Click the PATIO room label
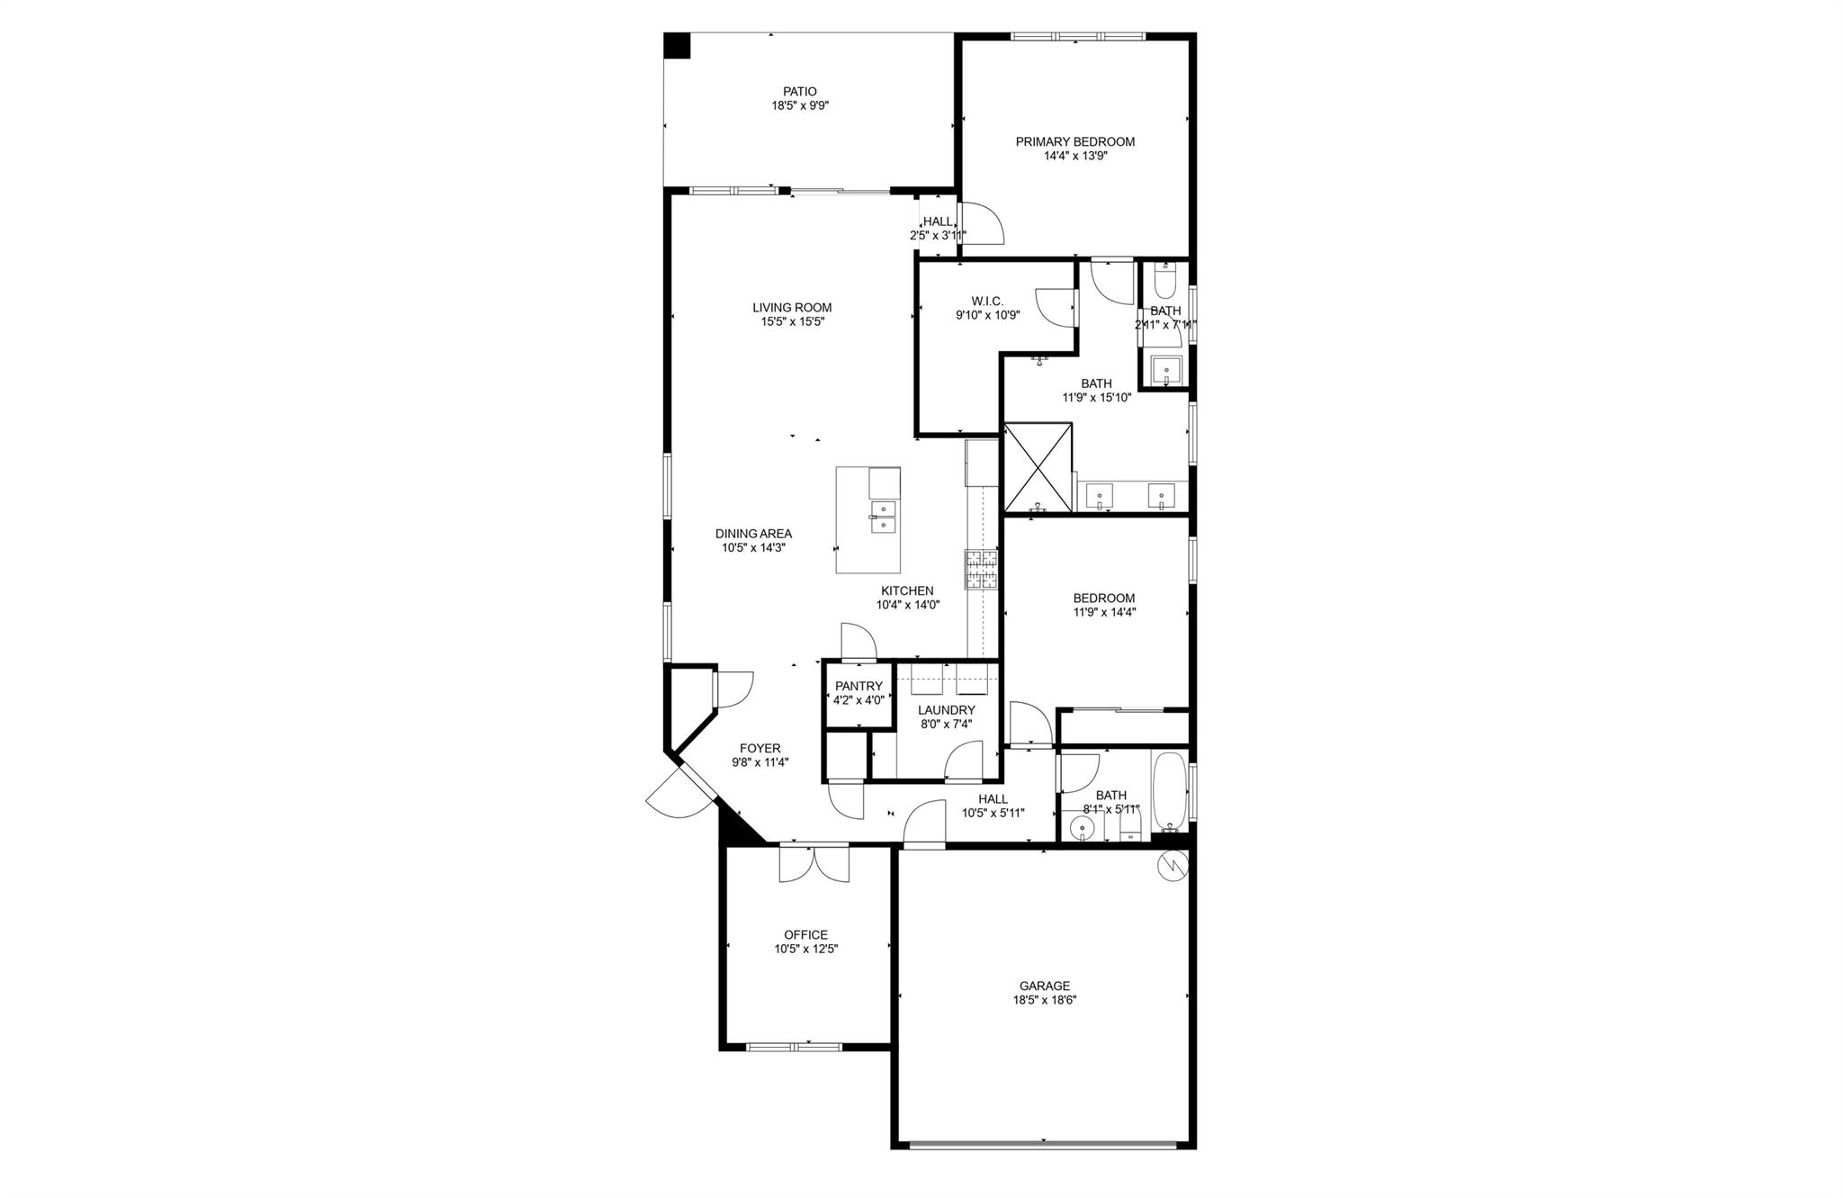click(x=799, y=91)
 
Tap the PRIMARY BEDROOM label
click(x=1074, y=141)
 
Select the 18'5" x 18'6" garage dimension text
click(x=1044, y=999)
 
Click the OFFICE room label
click(x=805, y=934)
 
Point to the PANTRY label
click(x=859, y=686)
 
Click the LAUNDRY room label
click(x=946, y=709)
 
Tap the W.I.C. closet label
click(x=986, y=301)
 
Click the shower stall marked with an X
click(x=1038, y=468)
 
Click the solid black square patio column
click(x=677, y=46)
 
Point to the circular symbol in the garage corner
click(x=1174, y=865)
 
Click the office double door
click(x=814, y=864)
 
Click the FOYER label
click(x=760, y=748)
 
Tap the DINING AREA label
click(x=753, y=533)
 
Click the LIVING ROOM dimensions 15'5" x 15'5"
click(x=792, y=321)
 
